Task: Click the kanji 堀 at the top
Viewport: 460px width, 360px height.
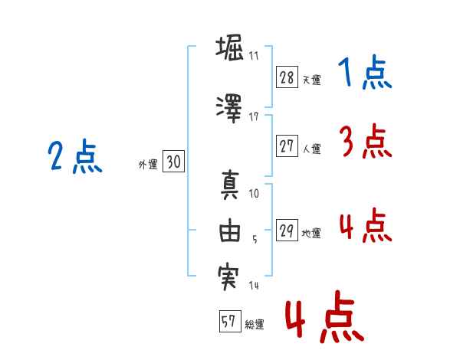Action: (x=229, y=47)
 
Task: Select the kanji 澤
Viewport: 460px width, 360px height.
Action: (x=229, y=109)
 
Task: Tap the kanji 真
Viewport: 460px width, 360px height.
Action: (x=230, y=185)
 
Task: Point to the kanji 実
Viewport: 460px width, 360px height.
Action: (x=228, y=277)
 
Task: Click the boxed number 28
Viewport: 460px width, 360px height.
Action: (x=287, y=77)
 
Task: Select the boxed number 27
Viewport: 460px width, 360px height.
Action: (x=287, y=146)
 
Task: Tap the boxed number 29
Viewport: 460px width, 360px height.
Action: (x=287, y=230)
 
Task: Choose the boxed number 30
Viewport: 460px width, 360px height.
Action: (x=173, y=162)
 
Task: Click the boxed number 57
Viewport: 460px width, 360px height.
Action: (x=230, y=321)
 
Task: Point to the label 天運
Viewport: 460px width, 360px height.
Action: (x=312, y=80)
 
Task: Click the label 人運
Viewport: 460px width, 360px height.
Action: (x=312, y=149)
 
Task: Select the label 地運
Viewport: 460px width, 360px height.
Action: (x=311, y=234)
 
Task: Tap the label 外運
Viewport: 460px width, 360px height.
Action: (x=148, y=165)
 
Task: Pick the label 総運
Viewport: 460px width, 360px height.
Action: (x=255, y=325)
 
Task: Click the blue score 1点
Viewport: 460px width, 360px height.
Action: (x=365, y=72)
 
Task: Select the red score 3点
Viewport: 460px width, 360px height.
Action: (x=366, y=141)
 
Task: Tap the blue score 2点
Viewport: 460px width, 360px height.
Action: (x=75, y=156)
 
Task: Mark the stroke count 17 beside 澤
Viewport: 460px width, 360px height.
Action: (x=254, y=117)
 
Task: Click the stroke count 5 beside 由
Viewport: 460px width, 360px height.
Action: (x=255, y=240)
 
